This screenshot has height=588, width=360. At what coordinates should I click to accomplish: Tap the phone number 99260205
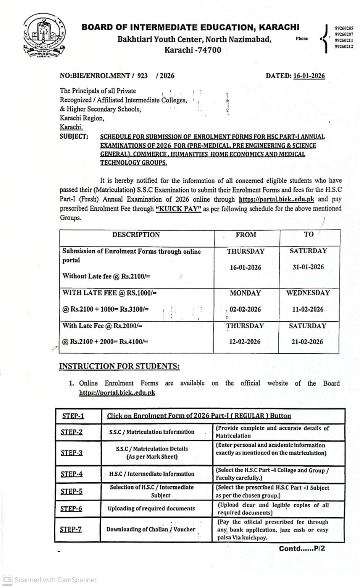pyautogui.click(x=344, y=28)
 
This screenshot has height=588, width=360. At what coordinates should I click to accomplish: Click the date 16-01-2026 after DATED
pyautogui.click(x=309, y=76)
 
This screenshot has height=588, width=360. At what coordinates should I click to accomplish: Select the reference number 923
pyautogui.click(x=142, y=76)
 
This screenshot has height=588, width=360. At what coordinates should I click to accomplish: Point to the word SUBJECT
pyautogui.click(x=74, y=136)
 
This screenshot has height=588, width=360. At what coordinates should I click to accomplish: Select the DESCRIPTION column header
pyautogui.click(x=136, y=235)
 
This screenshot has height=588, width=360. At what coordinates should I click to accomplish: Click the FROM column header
pyautogui.click(x=246, y=235)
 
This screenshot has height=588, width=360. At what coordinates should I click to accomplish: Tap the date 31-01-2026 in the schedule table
pyautogui.click(x=308, y=267)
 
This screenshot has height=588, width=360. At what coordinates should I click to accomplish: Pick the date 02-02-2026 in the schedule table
pyautogui.click(x=245, y=309)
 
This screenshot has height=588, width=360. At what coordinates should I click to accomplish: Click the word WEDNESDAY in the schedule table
pyautogui.click(x=308, y=293)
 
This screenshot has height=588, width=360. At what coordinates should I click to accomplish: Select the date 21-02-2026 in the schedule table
pyautogui.click(x=307, y=342)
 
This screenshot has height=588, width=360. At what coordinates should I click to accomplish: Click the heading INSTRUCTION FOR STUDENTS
pyautogui.click(x=119, y=366)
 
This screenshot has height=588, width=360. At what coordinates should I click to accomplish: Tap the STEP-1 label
pyautogui.click(x=73, y=416)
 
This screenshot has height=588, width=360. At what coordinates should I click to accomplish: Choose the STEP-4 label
pyautogui.click(x=71, y=474)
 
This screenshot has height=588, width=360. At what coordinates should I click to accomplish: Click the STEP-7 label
pyautogui.click(x=71, y=530)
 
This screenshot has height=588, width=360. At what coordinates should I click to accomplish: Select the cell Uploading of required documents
pyautogui.click(x=151, y=509)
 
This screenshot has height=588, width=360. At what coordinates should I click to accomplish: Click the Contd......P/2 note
pyautogui.click(x=302, y=549)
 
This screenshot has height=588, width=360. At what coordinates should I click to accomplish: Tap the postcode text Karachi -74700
pyautogui.click(x=193, y=50)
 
